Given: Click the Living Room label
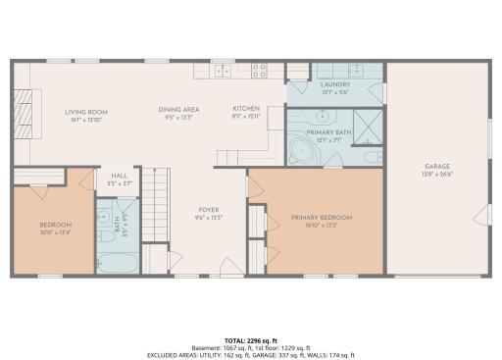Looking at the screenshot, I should pyautogui.click(x=86, y=112).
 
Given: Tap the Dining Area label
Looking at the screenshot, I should pyautogui.click(x=178, y=109).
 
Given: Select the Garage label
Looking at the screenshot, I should pyautogui.click(x=438, y=167).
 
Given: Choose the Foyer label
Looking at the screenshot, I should pyautogui.click(x=209, y=209).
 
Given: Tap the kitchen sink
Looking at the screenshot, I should pyautogui.click(x=224, y=70).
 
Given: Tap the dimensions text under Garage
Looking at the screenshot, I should pyautogui.click(x=438, y=175).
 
